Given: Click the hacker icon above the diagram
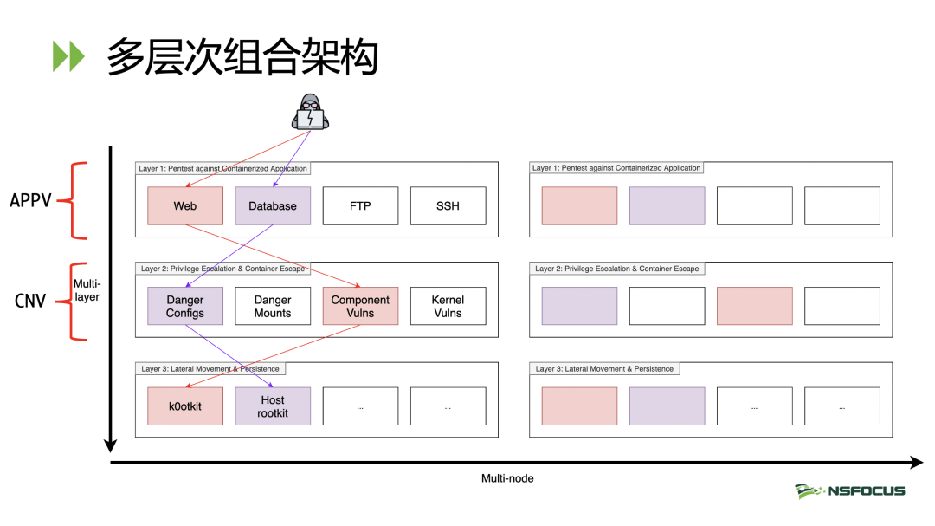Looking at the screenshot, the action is (310, 112).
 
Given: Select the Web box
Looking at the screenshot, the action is (185, 206).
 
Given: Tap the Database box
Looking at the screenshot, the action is (273, 206).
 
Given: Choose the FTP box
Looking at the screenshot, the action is (360, 206).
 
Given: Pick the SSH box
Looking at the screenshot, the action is (448, 206).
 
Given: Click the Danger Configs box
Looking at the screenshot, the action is (185, 306).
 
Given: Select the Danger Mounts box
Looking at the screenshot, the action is (273, 306).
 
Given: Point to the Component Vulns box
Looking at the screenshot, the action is (360, 306).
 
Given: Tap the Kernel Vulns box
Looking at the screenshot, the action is (448, 306).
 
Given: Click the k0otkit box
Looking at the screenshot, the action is (185, 406).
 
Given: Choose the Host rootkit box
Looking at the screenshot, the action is (273, 406).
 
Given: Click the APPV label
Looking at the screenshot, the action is (30, 201).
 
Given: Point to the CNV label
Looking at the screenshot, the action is (29, 301).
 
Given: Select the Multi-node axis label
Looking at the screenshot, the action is (507, 479).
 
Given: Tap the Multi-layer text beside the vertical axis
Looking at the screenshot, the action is (87, 290).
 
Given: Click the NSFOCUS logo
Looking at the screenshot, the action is (850, 490).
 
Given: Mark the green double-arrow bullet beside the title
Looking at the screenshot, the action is (68, 56).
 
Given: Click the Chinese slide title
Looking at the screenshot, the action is (242, 56).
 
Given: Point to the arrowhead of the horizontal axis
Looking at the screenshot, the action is (917, 463).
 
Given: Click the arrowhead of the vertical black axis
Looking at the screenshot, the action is (110, 446).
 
